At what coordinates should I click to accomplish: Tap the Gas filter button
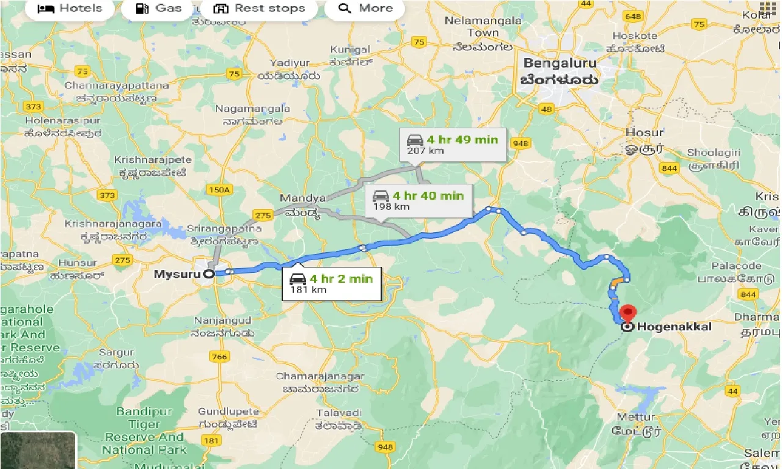tap(158, 9)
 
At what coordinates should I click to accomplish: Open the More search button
tap(365, 9)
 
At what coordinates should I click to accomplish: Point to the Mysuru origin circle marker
tap(209, 274)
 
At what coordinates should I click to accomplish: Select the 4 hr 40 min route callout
tap(419, 200)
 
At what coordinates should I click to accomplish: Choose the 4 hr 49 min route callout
tap(453, 144)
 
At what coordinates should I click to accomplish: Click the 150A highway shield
tap(219, 190)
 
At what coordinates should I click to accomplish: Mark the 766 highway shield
tap(219, 357)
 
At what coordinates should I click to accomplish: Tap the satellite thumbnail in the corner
tap(38, 451)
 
